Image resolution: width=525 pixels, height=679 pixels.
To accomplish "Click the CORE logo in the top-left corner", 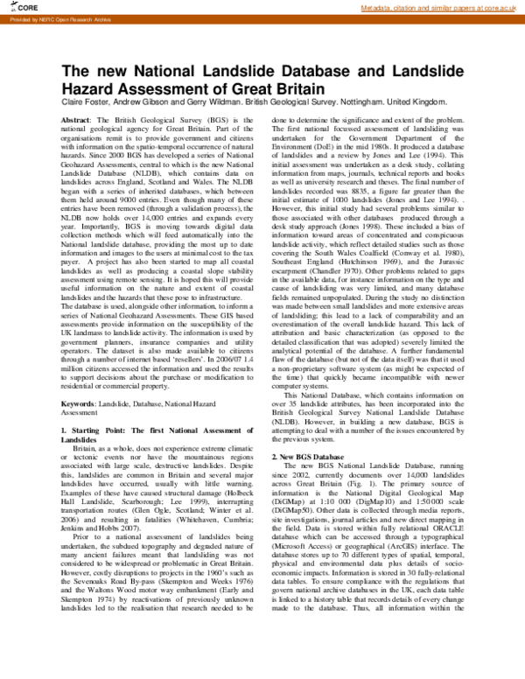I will pyautogui.click(x=13, y=7).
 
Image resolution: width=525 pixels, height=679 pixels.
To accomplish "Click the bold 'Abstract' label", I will pyautogui.click(x=75, y=118).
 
